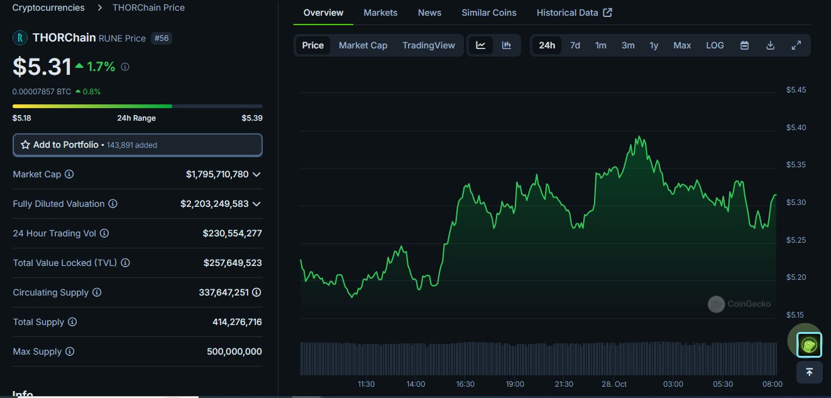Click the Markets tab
point(380,13)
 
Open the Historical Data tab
point(574,13)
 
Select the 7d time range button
point(575,45)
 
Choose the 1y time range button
point(654,45)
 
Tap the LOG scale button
point(715,45)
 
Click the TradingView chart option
point(428,45)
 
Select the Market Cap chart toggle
point(363,45)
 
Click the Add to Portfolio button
point(137,145)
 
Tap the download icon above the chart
point(770,45)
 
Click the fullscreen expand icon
point(796,45)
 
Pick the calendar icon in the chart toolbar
point(744,45)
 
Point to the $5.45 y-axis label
point(796,90)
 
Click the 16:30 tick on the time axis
point(465,384)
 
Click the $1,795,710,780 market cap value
point(217,174)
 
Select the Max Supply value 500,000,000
point(234,351)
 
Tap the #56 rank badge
point(162,38)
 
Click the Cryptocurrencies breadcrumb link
point(48,8)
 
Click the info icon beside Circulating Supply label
point(96,292)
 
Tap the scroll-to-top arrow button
point(809,372)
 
